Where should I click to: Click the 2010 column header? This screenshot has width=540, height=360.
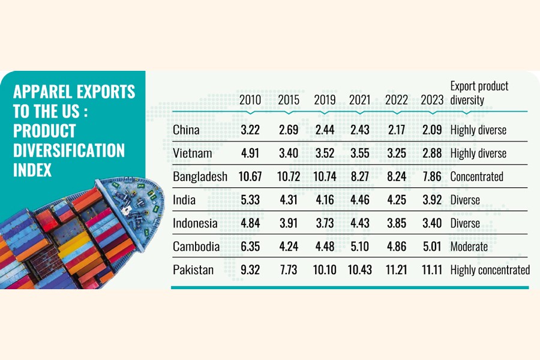point(250,100)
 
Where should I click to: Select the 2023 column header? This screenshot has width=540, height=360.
point(432,100)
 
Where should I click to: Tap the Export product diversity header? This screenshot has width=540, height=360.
point(479,93)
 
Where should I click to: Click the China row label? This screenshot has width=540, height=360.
point(186,130)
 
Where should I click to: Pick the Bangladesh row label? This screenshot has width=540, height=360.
point(200,177)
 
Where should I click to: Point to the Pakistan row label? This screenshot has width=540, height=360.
point(193,270)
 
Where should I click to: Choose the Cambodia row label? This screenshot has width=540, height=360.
point(196,247)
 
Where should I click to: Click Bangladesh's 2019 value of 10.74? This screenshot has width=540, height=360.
point(325,177)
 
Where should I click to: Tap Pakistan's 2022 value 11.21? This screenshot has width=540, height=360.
point(397,270)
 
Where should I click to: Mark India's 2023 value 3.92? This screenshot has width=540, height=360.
point(432,200)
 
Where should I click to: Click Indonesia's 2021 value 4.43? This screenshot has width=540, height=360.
point(360,223)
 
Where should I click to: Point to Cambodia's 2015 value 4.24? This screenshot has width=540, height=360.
point(289,247)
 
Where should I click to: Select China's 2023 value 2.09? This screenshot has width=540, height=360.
point(432,130)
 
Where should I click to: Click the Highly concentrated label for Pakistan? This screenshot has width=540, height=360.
point(490,270)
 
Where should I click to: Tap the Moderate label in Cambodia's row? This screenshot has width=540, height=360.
point(469,247)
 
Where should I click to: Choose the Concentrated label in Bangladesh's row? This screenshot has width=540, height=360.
point(476,177)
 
